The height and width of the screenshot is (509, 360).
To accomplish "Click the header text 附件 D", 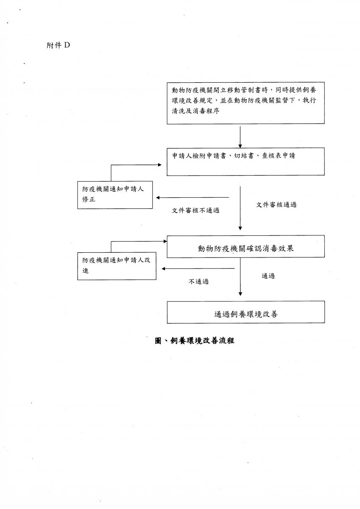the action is point(58,45).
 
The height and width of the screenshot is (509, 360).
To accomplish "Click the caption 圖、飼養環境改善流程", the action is point(195,341).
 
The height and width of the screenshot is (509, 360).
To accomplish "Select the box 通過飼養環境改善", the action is point(246,312).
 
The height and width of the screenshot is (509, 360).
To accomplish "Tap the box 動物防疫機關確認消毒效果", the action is point(246,246).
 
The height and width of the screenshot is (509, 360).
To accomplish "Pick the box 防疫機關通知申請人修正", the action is point(115,195).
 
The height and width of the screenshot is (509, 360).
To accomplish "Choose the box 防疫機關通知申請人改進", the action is point(117,266).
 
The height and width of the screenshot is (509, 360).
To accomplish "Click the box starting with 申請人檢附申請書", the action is point(246,162).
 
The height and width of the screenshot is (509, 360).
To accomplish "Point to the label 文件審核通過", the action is point(276,205).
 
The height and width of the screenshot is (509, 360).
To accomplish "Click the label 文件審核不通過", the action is point(195,210).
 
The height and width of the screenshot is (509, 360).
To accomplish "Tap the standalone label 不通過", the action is point(198,282).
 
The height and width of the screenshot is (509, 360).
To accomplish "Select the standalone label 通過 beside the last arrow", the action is point(268,276).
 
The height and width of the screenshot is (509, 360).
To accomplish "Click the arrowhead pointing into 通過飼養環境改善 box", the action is point(240,294).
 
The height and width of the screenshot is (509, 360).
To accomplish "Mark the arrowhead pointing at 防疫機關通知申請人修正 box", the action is point(158,198).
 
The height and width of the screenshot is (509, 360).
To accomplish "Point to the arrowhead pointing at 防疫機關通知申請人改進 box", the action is point(163,268).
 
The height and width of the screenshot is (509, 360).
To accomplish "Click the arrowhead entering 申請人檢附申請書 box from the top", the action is point(240,146).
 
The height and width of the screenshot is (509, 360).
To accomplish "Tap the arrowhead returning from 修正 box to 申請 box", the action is point(160,165).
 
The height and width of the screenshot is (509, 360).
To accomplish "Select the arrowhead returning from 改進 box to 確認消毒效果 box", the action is point(165,241).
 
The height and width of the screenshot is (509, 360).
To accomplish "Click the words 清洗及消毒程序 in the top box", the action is point(195,111).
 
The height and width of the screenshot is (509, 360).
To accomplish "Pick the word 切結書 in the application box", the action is point(244,156).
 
